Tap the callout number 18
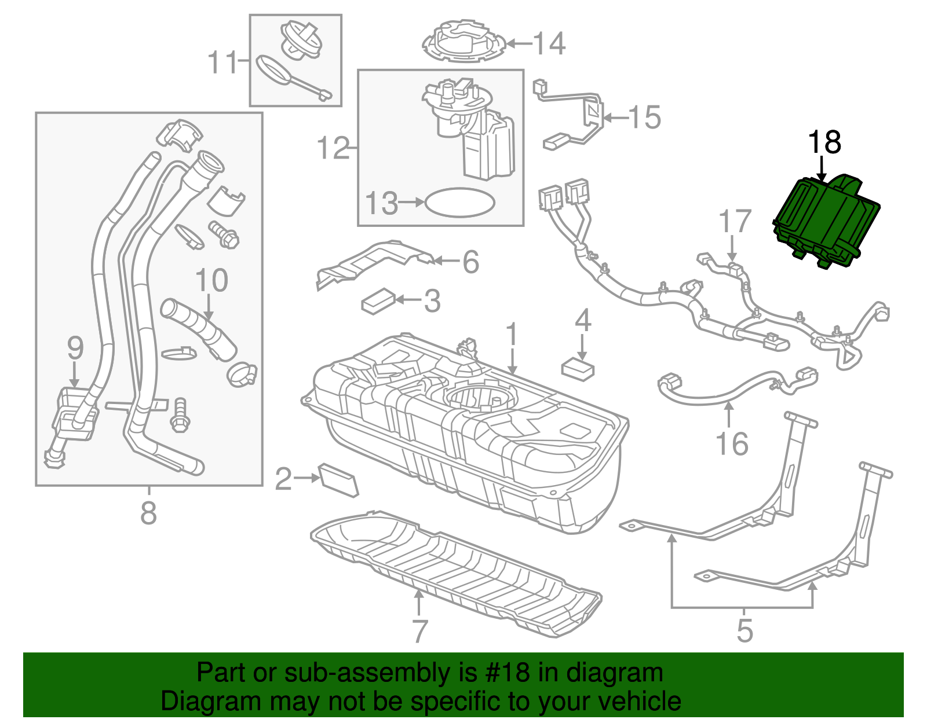point(824,142)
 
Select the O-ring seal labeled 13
point(460,203)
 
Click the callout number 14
point(549,43)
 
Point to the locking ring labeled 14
point(463,42)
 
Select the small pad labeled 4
point(577,369)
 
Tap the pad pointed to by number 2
point(339,479)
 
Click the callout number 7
point(419,631)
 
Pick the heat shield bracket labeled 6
point(377,260)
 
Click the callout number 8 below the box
point(148,513)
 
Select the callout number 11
point(223,62)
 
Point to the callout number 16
point(732,444)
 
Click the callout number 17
point(735,222)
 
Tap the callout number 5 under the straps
point(744,630)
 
